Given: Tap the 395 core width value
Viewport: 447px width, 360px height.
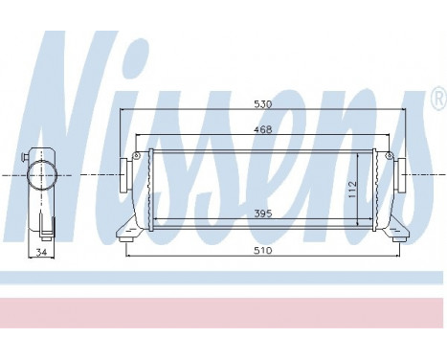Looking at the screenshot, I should click(x=261, y=215).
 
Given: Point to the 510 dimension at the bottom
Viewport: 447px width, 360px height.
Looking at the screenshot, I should click(x=262, y=250).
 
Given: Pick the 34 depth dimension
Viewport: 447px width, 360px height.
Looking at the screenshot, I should click(x=41, y=252).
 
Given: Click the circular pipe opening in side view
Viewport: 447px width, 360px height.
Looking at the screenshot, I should click(x=42, y=176).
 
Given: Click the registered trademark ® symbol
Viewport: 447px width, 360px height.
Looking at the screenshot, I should click(x=436, y=99).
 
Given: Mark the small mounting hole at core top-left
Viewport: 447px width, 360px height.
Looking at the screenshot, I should click(x=137, y=156).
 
